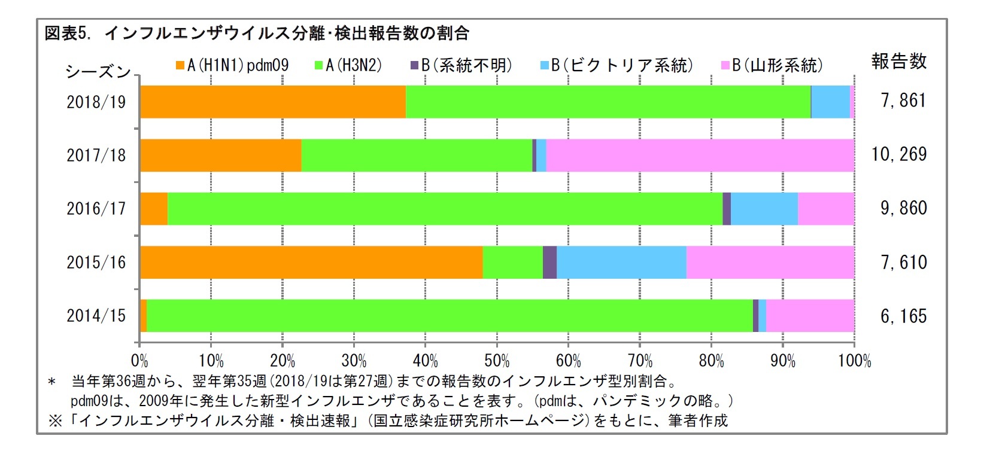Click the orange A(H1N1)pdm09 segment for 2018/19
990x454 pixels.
tap(272, 102)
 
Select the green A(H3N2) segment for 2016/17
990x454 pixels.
tap(445, 209)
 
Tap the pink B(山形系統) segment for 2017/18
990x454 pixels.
tap(700, 156)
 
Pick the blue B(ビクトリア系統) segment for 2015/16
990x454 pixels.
tap(621, 262)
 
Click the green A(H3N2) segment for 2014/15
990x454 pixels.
tap(450, 316)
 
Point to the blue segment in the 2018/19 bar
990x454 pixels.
tap(830, 102)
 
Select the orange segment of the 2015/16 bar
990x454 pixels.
tap(311, 262)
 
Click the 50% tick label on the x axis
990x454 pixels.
tap(497, 361)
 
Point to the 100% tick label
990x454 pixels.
tap(854, 361)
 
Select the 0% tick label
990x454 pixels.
tap(139, 361)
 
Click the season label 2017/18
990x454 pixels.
tap(96, 156)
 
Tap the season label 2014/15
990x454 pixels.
tap(96, 316)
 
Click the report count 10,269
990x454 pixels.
tap(898, 155)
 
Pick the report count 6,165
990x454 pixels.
tap(903, 316)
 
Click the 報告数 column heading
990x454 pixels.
tap(898, 61)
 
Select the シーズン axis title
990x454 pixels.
tap(98, 72)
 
